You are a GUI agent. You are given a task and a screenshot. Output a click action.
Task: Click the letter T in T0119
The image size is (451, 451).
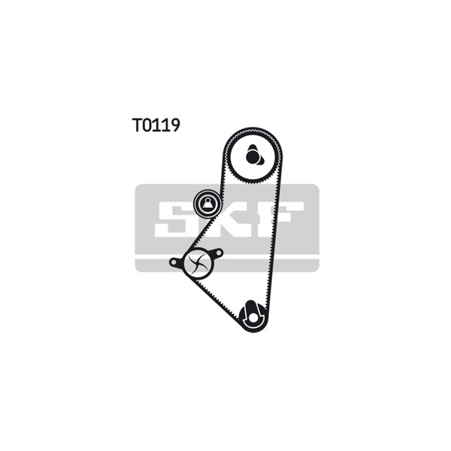(137, 125)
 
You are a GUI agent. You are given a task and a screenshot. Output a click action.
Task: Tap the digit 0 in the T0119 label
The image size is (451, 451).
(148, 125)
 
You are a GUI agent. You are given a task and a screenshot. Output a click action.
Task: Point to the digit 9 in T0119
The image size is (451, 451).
(175, 125)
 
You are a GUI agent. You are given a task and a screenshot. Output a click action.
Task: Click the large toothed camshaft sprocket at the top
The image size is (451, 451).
(253, 156)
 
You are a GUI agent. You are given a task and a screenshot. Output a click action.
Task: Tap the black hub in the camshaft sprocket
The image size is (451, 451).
(253, 156)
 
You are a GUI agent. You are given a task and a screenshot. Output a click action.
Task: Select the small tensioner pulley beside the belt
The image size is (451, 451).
(207, 204)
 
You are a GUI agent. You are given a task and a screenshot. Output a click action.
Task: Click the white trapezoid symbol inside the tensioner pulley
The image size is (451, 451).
(207, 204)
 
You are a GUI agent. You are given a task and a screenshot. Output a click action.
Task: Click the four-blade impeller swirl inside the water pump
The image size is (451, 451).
(198, 262)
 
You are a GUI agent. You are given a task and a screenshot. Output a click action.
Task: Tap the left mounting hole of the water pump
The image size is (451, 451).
(174, 262)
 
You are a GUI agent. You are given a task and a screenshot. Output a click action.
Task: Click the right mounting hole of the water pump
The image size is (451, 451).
(218, 253)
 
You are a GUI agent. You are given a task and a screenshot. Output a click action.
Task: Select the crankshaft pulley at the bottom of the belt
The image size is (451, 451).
(253, 316)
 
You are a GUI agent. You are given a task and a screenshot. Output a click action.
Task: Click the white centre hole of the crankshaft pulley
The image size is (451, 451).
(253, 318)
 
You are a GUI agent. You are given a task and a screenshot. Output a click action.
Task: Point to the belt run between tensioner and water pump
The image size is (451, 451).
(198, 233)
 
